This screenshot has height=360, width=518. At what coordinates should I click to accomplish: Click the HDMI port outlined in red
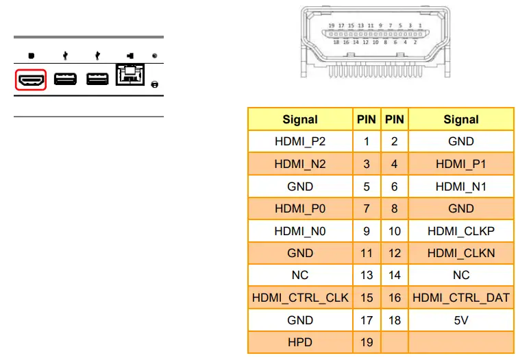(30, 80)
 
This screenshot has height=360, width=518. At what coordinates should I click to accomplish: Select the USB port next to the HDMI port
(65, 80)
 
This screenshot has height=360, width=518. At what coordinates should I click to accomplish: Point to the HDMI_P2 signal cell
(300, 141)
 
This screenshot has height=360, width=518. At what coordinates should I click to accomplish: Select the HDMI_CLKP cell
(461, 231)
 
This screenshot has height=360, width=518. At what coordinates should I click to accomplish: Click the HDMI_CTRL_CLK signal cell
(300, 298)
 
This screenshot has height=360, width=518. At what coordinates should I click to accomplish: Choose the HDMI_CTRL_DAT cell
(461, 298)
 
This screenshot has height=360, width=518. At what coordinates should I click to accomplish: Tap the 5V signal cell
(461, 320)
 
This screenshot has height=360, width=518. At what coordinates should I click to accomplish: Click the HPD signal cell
(300, 342)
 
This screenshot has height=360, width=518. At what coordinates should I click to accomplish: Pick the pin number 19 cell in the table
(367, 342)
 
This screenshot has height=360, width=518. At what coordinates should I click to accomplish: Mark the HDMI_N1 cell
(461, 187)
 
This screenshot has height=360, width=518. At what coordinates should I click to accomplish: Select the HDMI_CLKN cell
(461, 253)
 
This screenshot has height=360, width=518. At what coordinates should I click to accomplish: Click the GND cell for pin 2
(461, 141)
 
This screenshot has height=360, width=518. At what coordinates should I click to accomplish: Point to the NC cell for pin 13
(300, 275)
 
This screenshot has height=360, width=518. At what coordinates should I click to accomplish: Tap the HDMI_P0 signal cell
(300, 208)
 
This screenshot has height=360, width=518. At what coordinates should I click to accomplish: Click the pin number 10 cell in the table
(395, 231)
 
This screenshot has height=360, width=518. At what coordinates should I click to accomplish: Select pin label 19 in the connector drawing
(332, 25)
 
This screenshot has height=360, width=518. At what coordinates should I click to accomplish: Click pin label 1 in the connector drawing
(419, 25)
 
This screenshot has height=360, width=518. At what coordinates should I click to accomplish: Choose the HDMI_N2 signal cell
(300, 164)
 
